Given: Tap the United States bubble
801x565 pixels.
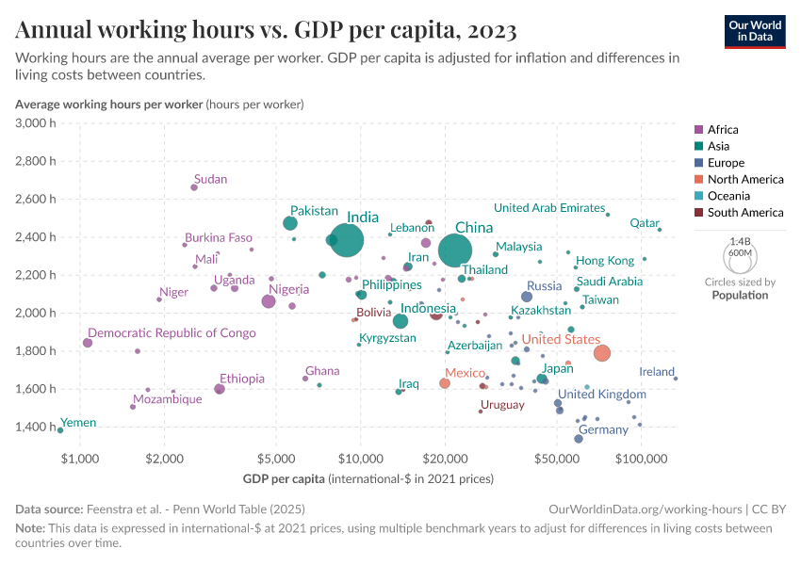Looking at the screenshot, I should point(602,352).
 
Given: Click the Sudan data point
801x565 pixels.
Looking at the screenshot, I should point(194,187).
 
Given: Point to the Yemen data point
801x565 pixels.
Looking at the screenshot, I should point(60,430).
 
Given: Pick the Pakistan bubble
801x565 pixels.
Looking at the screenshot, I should point(290,223).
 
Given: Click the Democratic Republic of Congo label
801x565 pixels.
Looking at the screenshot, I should point(172,332).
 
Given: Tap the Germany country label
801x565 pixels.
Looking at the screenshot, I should point(603,429).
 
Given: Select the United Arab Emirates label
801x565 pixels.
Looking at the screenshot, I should point(548,208).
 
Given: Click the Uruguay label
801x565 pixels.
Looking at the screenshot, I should point(502,405).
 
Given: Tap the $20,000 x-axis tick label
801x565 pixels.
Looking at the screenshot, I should point(446,460).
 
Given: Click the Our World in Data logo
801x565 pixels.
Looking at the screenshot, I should point(754,30).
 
